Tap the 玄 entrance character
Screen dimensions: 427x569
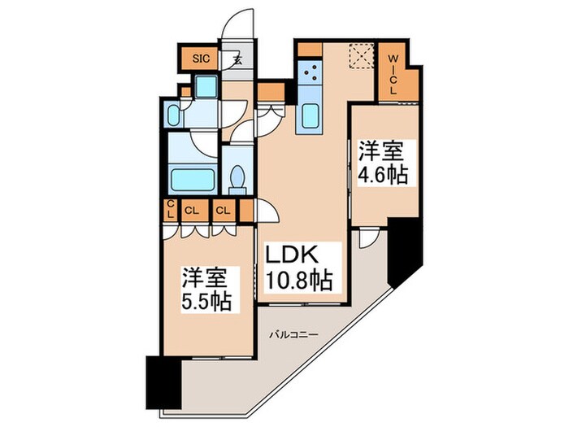tap(236, 59)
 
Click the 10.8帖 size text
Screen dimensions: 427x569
tap(298, 281)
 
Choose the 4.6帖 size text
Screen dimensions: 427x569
tap(384, 174)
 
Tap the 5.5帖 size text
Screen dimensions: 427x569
tap(206, 300)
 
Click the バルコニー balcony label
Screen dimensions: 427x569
tap(290, 334)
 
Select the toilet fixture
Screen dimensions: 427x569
tap(238, 177)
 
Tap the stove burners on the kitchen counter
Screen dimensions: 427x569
tap(310, 76)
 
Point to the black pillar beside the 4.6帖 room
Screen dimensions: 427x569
tap(404, 247)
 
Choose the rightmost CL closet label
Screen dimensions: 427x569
tap(223, 210)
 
